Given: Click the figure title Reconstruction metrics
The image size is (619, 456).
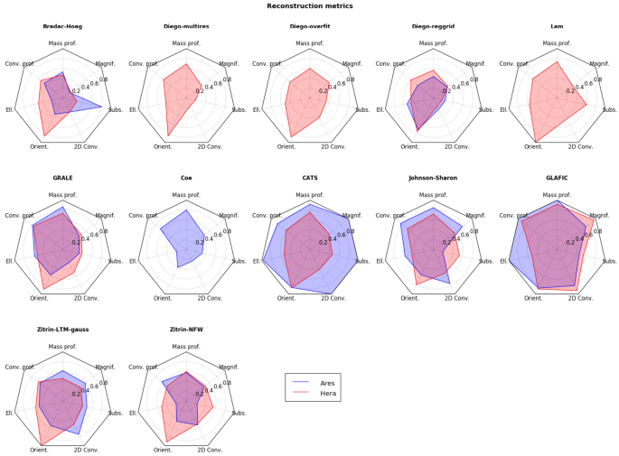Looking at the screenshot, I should coord(309,6).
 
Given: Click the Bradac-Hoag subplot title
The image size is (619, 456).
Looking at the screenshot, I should coord(62,26).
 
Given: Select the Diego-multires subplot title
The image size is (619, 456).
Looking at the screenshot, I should coord(186,26).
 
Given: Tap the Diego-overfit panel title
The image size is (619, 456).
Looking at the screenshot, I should coord(309,26).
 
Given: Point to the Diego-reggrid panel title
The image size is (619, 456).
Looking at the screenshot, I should coord(433,26).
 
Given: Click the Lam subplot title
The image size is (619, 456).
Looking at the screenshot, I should coord(557,26).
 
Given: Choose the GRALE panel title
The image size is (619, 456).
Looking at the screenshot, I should coord(62,178).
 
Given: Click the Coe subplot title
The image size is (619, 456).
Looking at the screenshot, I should coord(186,178).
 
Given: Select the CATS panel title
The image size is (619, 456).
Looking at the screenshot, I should coord(309,178).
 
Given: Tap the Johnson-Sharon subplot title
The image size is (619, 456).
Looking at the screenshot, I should coord(433,178).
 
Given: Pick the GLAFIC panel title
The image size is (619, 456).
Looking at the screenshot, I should coord(557,178).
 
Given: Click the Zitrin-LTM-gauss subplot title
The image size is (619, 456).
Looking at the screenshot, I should coord(62,330).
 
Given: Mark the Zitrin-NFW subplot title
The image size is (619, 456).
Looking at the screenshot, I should coord(186,330).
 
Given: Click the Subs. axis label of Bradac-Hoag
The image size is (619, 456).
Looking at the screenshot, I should coord(117,110).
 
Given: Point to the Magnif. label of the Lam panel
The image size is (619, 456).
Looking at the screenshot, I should coord(599,64).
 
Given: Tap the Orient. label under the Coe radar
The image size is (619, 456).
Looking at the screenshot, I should coord(163,297).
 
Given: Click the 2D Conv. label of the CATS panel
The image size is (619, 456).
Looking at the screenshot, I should coord(333,297).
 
